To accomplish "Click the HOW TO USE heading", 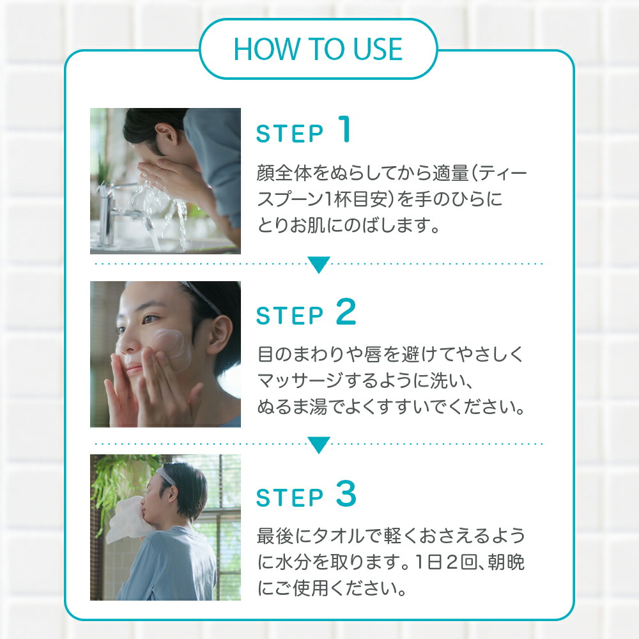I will [x=318, y=50].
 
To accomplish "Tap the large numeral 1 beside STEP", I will [x=344, y=130].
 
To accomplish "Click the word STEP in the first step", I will [x=289, y=134].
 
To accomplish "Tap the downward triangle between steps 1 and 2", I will [x=319, y=264].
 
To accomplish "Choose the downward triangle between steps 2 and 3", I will [x=319, y=444].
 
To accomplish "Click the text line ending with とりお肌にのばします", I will [x=348, y=226].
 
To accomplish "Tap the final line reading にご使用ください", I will [x=332, y=588].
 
